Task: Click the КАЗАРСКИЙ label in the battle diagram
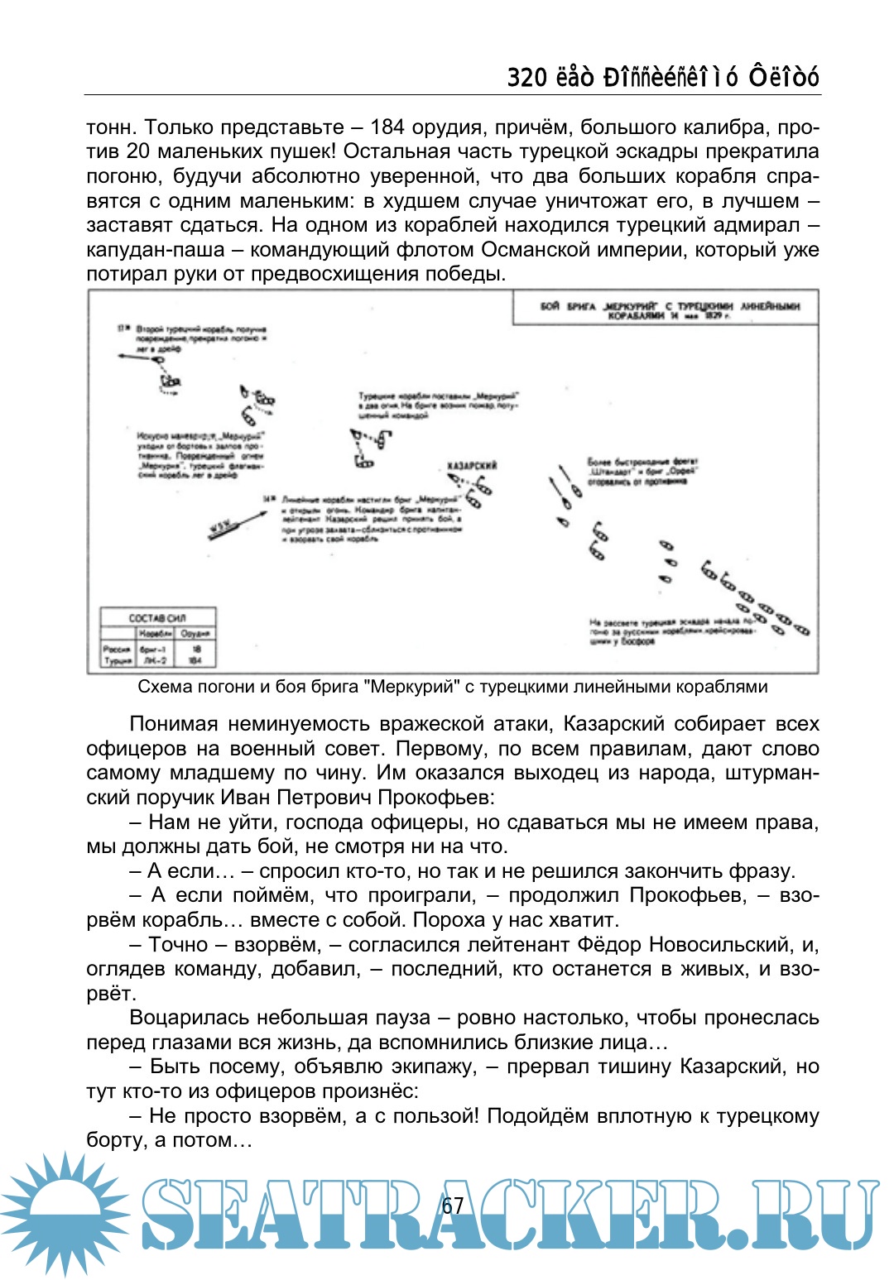[x=472, y=466]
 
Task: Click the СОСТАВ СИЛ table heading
[x=157, y=617]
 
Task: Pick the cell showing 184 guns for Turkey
[x=195, y=660]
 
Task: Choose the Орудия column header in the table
[x=196, y=633]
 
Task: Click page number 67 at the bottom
[x=453, y=1205]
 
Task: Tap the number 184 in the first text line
[x=388, y=127]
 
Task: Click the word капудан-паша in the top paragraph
[x=156, y=250]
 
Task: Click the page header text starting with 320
[x=662, y=77]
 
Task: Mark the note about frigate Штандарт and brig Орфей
[x=642, y=471]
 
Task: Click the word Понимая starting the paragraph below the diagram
[x=173, y=724]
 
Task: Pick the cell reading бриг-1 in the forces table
[x=153, y=649]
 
